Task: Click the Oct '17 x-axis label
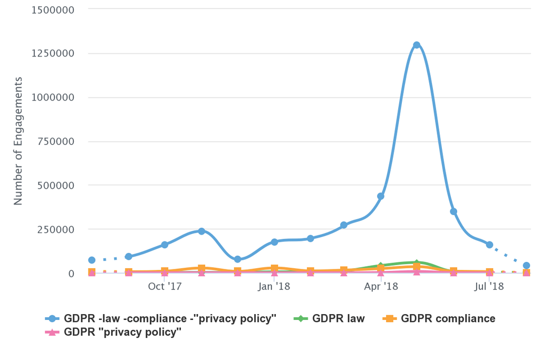[x=165, y=286]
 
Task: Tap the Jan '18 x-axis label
[x=274, y=286]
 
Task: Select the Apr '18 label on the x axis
[x=381, y=286]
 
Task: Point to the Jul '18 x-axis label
[x=489, y=286]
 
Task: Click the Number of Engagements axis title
[x=18, y=141]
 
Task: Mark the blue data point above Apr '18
[x=381, y=196]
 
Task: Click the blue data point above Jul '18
[x=489, y=245]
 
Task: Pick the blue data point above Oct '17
[x=165, y=245]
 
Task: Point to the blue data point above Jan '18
[x=274, y=242]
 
